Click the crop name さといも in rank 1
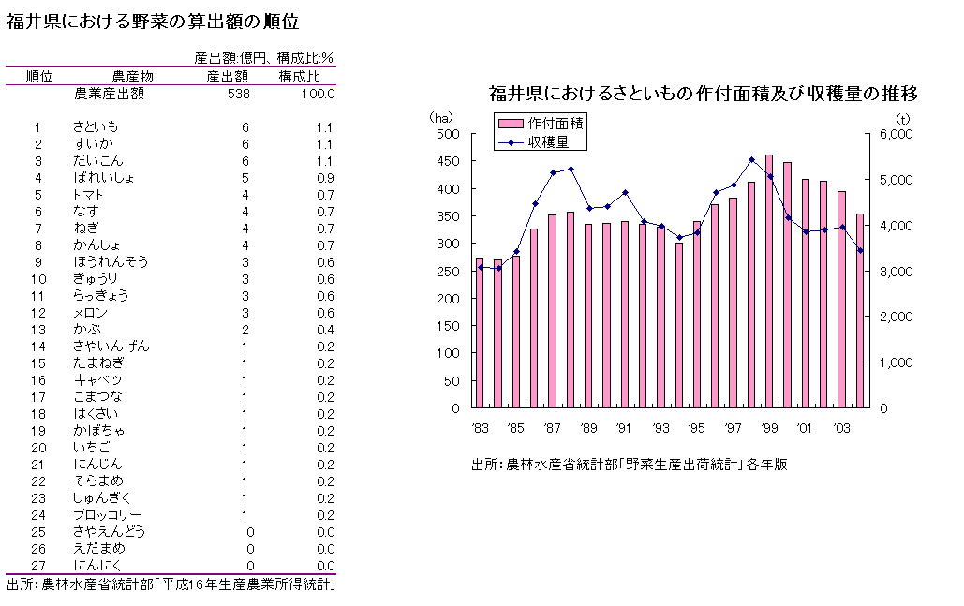tap(96, 127)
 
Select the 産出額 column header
tap(227, 77)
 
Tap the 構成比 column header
tap(300, 77)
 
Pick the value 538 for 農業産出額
tap(238, 94)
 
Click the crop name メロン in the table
tap(91, 313)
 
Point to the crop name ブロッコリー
tap(108, 515)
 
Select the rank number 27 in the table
tap(38, 566)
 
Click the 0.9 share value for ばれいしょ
tap(325, 178)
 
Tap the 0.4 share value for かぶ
tap(325, 330)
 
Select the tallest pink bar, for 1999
tap(769, 281)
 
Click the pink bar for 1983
tap(480, 333)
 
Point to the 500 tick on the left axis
tap(449, 135)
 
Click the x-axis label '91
tap(624, 428)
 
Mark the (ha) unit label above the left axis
tap(441, 118)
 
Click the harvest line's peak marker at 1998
tap(751, 159)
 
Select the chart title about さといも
tap(702, 94)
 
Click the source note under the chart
tap(630, 464)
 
